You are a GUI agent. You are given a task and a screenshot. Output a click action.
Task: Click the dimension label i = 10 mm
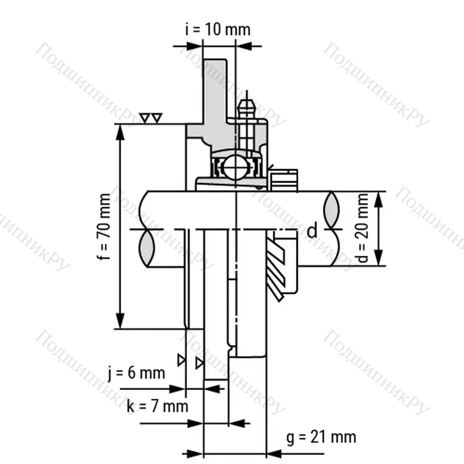tap(218, 29)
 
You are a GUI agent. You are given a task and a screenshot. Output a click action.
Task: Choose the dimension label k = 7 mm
tap(157, 406)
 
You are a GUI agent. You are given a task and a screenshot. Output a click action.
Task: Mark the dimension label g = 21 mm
tap(321, 437)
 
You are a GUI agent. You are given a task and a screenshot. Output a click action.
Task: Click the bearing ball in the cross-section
tap(236, 168)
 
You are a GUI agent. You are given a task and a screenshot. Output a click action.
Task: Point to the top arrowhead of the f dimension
tap(120, 132)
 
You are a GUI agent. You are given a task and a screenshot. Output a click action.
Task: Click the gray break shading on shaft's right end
tap(332, 209)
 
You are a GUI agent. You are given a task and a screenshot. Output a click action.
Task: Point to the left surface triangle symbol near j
tap(181, 360)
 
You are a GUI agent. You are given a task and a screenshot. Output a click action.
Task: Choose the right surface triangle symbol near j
tap(199, 364)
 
